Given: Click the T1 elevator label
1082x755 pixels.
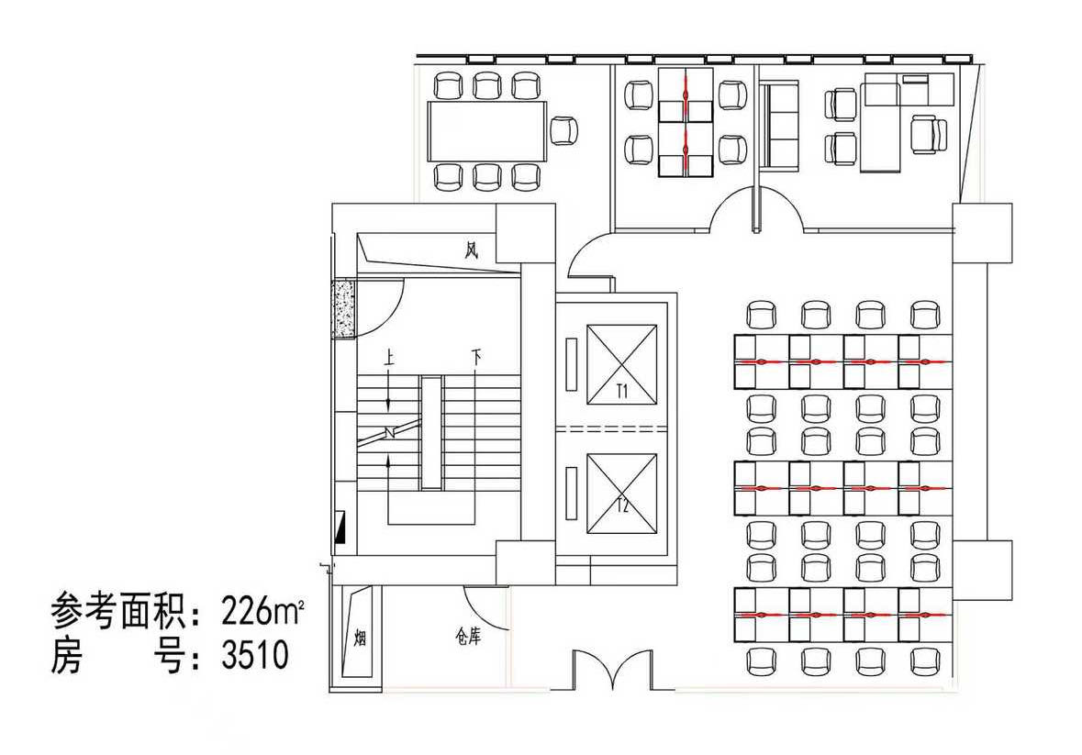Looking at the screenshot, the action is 621,393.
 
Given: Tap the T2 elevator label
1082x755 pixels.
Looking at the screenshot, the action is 621,506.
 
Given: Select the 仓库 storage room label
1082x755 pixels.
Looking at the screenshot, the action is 468,637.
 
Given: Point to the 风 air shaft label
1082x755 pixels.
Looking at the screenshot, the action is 472,250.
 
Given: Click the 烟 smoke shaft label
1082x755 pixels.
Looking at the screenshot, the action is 360,638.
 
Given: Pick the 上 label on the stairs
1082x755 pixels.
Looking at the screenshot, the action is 390,359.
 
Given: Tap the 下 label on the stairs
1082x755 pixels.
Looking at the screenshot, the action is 476,358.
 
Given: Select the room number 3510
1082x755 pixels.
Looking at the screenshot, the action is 254,654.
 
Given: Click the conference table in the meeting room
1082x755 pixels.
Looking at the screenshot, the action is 487,131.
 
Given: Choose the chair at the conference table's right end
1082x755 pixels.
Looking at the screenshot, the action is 563,130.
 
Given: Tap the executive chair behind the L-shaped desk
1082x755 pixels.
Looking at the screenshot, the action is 929,135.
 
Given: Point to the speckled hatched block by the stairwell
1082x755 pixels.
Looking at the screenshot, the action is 343,308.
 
